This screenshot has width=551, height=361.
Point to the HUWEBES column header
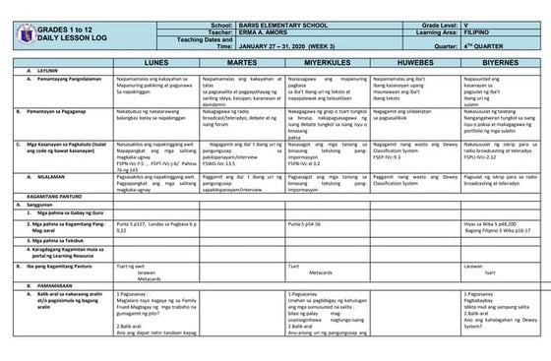[417, 62]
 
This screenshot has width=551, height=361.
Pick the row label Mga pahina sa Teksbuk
[62, 241]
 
